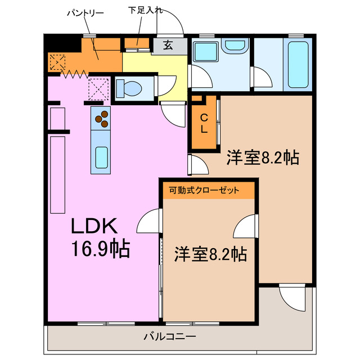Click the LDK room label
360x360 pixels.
[93, 226]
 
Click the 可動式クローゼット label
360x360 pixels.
[204, 190]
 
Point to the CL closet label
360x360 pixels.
[205, 123]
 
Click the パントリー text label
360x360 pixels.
[85, 12]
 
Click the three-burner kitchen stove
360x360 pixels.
[102, 118]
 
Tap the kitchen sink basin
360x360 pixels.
[102, 155]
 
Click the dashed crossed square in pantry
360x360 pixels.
[57, 61]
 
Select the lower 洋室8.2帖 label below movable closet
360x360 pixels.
[210, 254]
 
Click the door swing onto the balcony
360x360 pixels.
[291, 296]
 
